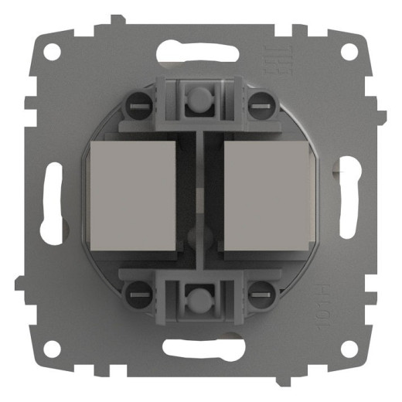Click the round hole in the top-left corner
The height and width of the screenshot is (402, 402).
click(52, 52)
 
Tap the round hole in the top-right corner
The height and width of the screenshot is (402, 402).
click(349, 52)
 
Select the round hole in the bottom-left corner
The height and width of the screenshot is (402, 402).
click(52, 349)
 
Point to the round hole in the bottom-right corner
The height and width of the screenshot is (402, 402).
click(349, 349)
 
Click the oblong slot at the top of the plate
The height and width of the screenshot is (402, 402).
click(200, 53)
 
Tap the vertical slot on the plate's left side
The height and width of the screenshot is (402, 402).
click(53, 200)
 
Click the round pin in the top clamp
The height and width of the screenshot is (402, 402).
click(200, 98)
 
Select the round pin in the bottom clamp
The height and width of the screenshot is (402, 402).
click(200, 299)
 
